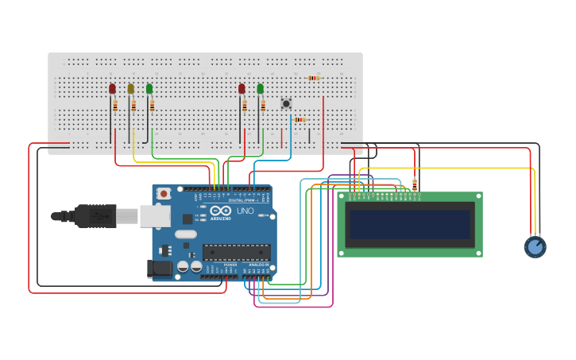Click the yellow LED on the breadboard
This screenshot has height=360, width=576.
coord(131,89)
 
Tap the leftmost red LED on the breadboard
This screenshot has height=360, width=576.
coord(112,89)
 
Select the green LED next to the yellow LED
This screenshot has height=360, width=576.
coord(149,89)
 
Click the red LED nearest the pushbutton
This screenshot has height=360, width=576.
coord(242,89)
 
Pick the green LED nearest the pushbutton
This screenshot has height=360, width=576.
coord(260,89)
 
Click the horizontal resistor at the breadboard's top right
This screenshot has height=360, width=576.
coord(314,78)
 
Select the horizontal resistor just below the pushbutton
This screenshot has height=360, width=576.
coord(300,120)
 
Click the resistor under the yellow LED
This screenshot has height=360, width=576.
coord(133,106)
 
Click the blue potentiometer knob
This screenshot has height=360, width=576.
coord(535,246)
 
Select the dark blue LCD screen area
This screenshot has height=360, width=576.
coord(409,224)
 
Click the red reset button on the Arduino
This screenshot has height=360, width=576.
coord(164,193)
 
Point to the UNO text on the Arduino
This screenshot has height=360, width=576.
coord(245,211)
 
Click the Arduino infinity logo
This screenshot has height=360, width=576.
coord(220,211)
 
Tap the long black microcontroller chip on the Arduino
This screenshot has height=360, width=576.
coord(236,252)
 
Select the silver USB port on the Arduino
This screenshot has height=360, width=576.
coord(154,215)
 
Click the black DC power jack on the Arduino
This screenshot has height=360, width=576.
coord(160,269)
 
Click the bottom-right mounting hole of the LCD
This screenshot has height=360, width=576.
coord(478,253)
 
